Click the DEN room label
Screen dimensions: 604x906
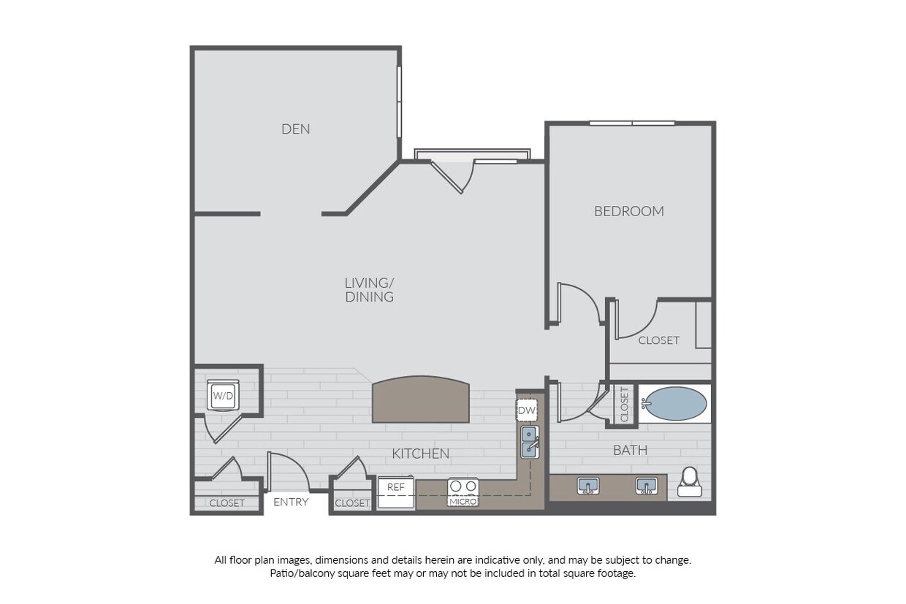296,129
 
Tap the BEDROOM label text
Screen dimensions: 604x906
628,211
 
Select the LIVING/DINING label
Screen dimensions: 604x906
369,290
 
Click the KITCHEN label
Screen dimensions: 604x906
420,454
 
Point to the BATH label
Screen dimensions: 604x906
630,450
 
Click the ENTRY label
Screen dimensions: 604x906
291,502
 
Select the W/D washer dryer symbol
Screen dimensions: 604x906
223,396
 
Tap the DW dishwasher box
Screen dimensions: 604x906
527,410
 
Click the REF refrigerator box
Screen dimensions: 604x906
396,487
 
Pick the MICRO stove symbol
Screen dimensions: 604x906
462,492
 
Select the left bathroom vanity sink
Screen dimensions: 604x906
588,485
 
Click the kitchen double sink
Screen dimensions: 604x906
529,442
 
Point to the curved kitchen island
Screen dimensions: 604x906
420,400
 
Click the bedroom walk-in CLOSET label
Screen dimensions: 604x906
658,340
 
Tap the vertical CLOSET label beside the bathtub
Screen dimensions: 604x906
624,404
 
